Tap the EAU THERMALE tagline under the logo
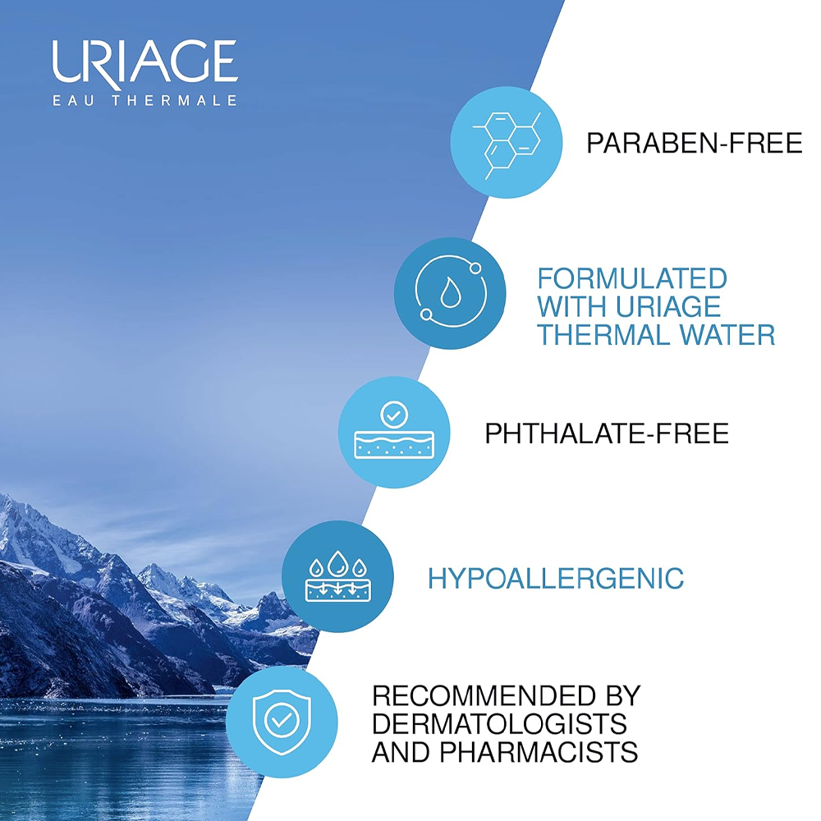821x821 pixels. (145, 100)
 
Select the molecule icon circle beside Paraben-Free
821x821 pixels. (507, 142)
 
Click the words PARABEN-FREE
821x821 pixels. (694, 143)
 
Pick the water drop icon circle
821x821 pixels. (450, 293)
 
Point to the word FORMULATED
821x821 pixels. (632, 278)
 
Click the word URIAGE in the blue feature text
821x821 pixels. (668, 307)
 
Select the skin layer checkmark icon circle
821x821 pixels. (394, 432)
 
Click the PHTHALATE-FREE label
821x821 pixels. (607, 433)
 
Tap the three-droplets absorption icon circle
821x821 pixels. (337, 576)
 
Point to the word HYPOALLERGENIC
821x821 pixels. (556, 579)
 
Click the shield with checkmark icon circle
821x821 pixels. (282, 722)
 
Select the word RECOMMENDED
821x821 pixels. (484, 695)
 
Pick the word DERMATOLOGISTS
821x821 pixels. (499, 723)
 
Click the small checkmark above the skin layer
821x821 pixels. (394, 415)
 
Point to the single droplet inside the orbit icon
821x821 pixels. (450, 293)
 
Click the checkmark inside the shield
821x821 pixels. (282, 721)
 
